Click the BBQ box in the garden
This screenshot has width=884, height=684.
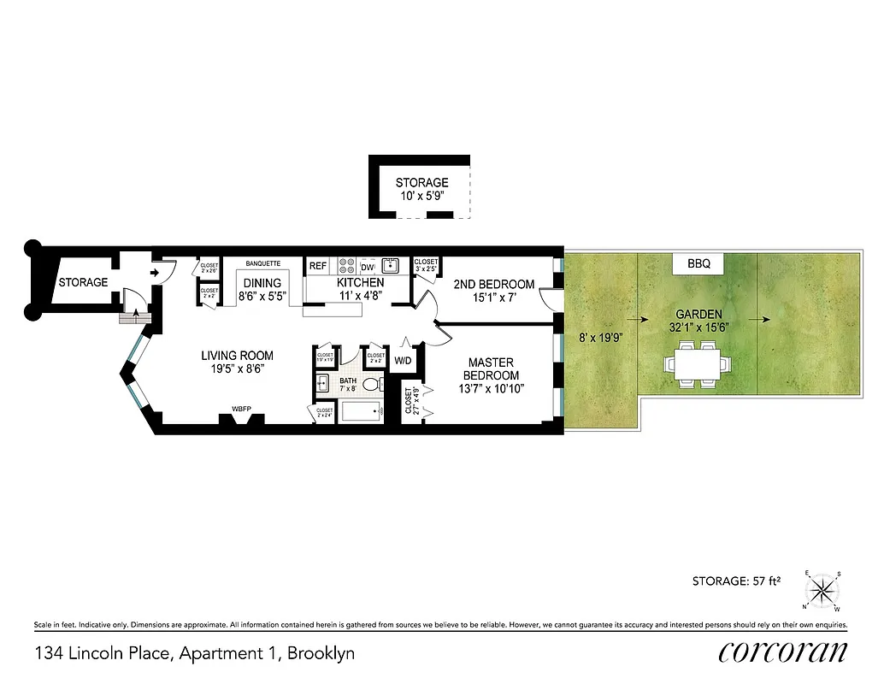coord(698,263)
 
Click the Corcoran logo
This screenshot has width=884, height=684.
coord(783,652)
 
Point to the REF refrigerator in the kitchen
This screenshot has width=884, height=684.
coord(318,266)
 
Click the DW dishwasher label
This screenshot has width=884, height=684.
coord(366,266)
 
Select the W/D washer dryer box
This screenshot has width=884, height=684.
coord(402,361)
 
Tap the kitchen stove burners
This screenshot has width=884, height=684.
coord(347,265)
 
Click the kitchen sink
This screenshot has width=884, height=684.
coord(390,265)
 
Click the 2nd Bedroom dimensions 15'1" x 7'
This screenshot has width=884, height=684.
coord(493,298)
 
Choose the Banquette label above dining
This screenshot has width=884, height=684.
coord(262,263)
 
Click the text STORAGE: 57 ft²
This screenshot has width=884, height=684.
coord(737,581)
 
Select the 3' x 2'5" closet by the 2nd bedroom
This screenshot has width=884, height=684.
coord(426,266)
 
